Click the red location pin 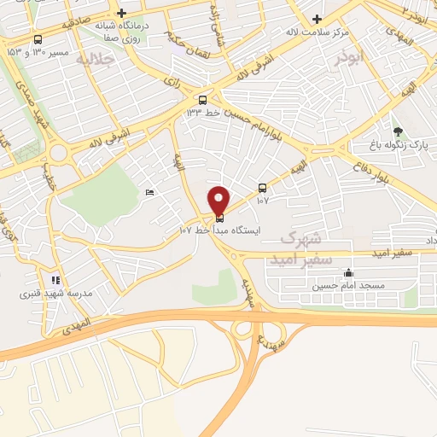[x=219, y=201]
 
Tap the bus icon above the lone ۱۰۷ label [x=262, y=189]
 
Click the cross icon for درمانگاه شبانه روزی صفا [x=122, y=14]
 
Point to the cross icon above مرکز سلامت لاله [x=317, y=19]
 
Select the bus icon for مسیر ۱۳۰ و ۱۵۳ [x=37, y=39]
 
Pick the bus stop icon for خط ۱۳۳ [x=201, y=99]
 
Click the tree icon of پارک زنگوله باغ [x=398, y=131]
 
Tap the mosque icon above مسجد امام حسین [x=347, y=273]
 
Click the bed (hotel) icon [x=150, y=193]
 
